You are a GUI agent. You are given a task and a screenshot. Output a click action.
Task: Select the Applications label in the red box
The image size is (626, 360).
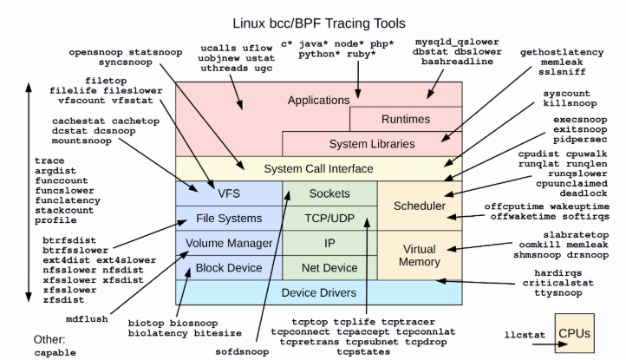point(316,100)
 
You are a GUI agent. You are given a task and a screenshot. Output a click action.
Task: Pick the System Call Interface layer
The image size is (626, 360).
point(318,168)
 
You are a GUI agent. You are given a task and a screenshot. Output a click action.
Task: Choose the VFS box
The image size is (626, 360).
point(229,193)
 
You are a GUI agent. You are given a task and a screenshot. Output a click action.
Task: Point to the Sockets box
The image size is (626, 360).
point(329,193)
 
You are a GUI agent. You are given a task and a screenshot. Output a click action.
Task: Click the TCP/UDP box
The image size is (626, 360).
point(329,218)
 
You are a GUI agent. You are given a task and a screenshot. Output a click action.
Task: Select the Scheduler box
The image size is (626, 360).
point(420,206)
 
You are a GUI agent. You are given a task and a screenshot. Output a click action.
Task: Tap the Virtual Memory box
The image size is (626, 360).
point(420,255)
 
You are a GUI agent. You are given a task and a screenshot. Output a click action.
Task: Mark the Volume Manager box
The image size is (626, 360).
point(229,243)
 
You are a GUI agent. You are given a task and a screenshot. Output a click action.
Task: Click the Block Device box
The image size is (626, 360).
point(229,267)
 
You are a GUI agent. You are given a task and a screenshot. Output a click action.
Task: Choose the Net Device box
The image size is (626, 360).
point(329,267)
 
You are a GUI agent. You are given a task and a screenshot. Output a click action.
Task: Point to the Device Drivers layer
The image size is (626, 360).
point(318,292)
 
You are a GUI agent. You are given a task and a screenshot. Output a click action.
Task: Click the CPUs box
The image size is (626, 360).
point(576,333)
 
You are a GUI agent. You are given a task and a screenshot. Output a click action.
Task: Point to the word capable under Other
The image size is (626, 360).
point(55,352)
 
